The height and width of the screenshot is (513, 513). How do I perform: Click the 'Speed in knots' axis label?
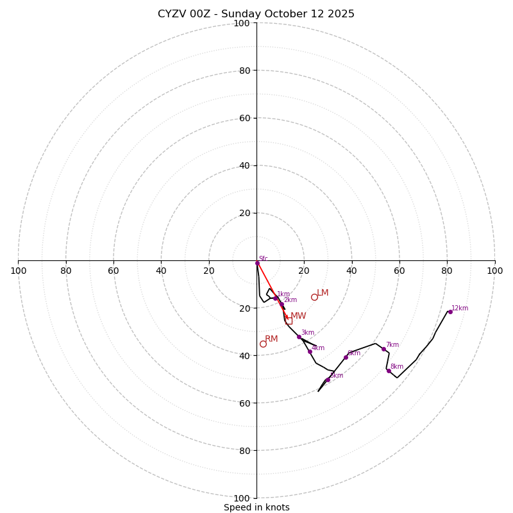tap(256, 507)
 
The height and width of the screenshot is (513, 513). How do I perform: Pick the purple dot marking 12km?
tap(450, 312)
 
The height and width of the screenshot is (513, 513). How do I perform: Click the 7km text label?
tap(392, 345)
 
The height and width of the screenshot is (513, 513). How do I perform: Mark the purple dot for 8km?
tap(389, 371)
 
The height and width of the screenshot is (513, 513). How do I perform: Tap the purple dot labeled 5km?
tap(328, 380)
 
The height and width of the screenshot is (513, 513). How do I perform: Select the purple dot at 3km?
tap(299, 337)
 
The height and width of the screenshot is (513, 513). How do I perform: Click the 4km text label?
tap(318, 348)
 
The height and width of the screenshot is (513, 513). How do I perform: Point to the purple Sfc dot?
tap(257, 263)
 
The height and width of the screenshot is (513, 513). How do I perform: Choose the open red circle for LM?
tap(314, 297)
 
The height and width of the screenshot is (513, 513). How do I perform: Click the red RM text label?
tap(271, 339)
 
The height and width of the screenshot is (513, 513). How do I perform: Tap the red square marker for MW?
tap(289, 320)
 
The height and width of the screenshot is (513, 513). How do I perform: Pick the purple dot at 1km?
tap(276, 298)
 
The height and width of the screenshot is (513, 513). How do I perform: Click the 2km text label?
tap(290, 300)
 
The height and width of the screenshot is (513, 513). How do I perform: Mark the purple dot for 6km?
tap(346, 357)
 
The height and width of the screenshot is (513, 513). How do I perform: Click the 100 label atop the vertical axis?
tap(242, 23)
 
